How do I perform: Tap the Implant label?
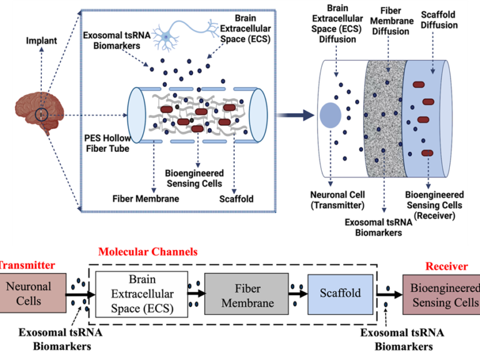click(x=41, y=41)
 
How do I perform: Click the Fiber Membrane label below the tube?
click(x=146, y=199)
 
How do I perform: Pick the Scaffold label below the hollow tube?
click(x=236, y=199)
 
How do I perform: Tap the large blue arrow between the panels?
click(x=294, y=114)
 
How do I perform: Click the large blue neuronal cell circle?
click(x=330, y=116)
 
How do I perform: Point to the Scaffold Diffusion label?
click(x=439, y=19)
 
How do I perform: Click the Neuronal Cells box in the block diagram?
click(x=29, y=293)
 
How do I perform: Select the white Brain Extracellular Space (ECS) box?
click(x=141, y=293)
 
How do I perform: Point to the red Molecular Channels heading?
click(x=147, y=252)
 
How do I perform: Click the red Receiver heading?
click(x=446, y=266)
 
